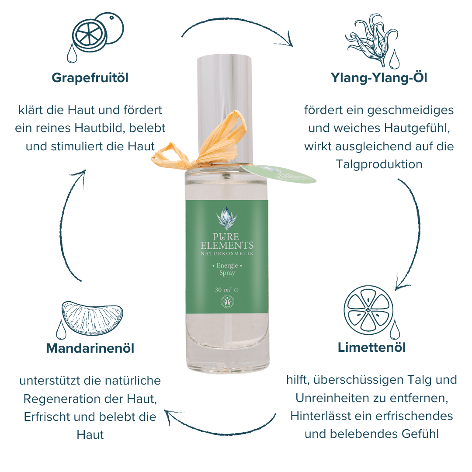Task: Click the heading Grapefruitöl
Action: point(90,78)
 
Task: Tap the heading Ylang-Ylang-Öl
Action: point(379,77)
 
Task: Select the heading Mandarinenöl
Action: point(90,348)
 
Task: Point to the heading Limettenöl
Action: point(372,347)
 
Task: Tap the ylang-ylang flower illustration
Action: point(373,41)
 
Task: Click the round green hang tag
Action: point(278,174)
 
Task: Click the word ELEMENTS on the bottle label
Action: point(227,245)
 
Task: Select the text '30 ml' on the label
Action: point(223,290)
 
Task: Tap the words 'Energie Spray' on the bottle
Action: point(227,269)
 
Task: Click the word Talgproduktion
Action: point(379,164)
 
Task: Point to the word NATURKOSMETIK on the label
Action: point(227,253)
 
